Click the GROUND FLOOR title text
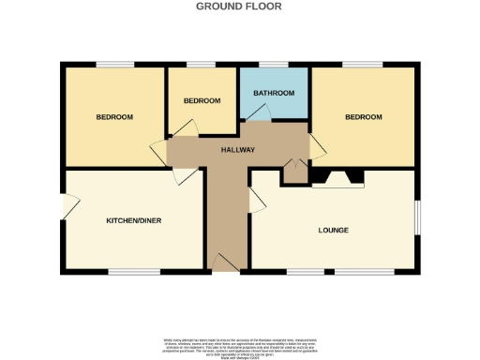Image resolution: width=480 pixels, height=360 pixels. click(x=238, y=6)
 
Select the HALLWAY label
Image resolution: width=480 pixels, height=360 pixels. click(x=237, y=150)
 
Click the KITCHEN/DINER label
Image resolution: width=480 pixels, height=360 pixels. click(x=132, y=220)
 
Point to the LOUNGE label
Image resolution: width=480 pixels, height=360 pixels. click(x=333, y=230)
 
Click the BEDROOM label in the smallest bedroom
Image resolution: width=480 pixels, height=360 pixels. click(x=201, y=100)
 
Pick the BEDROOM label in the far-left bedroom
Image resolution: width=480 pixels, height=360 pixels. click(x=114, y=117)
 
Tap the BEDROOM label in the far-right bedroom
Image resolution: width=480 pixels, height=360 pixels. click(x=363, y=117)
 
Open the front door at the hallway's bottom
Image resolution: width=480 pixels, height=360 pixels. click(x=225, y=263)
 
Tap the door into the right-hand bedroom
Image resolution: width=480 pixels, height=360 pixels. click(x=317, y=144)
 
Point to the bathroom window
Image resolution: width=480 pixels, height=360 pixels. click(x=273, y=65)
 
